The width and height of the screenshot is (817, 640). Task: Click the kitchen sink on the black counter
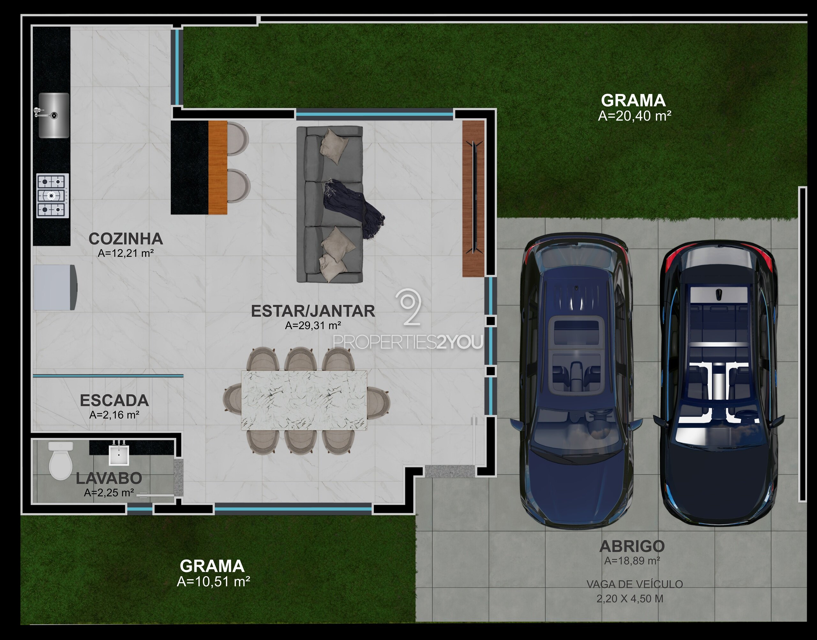tap(54, 115)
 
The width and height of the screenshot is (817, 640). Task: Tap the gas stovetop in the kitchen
tap(52, 195)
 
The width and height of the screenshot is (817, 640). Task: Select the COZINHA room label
tap(126, 239)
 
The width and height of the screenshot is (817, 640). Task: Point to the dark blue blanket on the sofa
tap(352, 208)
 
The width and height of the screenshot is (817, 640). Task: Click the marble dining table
tap(304, 400)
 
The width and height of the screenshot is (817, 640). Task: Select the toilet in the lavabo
tap(61, 460)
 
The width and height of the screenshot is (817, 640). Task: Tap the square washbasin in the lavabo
tap(119, 454)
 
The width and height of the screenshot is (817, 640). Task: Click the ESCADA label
tap(114, 401)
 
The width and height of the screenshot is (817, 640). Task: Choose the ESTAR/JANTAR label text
tap(313, 311)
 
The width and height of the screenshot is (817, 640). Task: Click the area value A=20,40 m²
tap(634, 116)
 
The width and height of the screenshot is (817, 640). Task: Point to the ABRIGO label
tap(632, 547)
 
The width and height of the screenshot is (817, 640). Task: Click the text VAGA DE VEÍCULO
tap(635, 584)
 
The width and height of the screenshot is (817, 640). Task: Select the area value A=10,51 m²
tap(213, 582)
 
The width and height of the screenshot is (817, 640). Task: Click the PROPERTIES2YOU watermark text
tap(408, 342)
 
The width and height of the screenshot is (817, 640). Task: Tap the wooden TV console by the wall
tap(474, 199)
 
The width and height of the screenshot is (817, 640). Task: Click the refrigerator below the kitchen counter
tap(55, 287)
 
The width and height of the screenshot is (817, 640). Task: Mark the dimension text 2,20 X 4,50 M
tap(630, 599)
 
